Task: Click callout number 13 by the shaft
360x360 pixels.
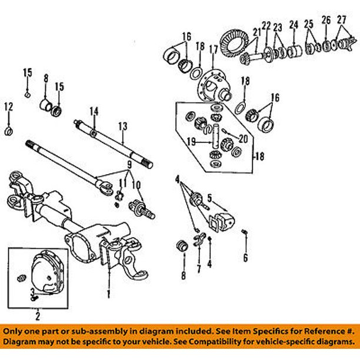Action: coord(122,125)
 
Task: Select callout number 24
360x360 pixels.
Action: coord(294,25)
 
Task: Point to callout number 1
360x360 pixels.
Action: coord(108,292)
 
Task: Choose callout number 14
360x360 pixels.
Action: coord(93,111)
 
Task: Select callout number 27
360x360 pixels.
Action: coord(342,20)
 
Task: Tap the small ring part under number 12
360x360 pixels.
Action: coord(9,130)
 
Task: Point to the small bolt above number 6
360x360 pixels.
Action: coord(244,236)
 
